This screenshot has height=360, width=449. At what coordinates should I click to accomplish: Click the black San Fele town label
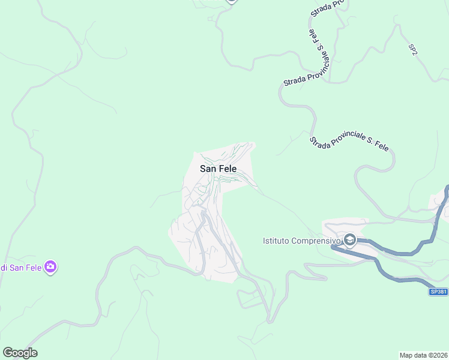[218, 169]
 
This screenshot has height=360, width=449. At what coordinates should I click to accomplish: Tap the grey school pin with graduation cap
[350, 241]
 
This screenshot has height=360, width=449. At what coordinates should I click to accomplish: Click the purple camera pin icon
[50, 267]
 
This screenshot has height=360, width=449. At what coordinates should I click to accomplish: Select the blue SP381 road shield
[439, 292]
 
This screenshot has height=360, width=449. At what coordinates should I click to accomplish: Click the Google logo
[20, 353]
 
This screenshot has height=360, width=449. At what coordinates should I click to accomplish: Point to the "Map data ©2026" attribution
[423, 355]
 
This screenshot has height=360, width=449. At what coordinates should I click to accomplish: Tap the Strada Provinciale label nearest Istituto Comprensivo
[349, 143]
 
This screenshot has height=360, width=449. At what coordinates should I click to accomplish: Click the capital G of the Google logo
[8, 353]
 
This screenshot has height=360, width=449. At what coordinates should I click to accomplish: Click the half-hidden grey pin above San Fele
[232, 1]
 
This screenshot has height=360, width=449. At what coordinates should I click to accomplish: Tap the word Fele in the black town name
[228, 169]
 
